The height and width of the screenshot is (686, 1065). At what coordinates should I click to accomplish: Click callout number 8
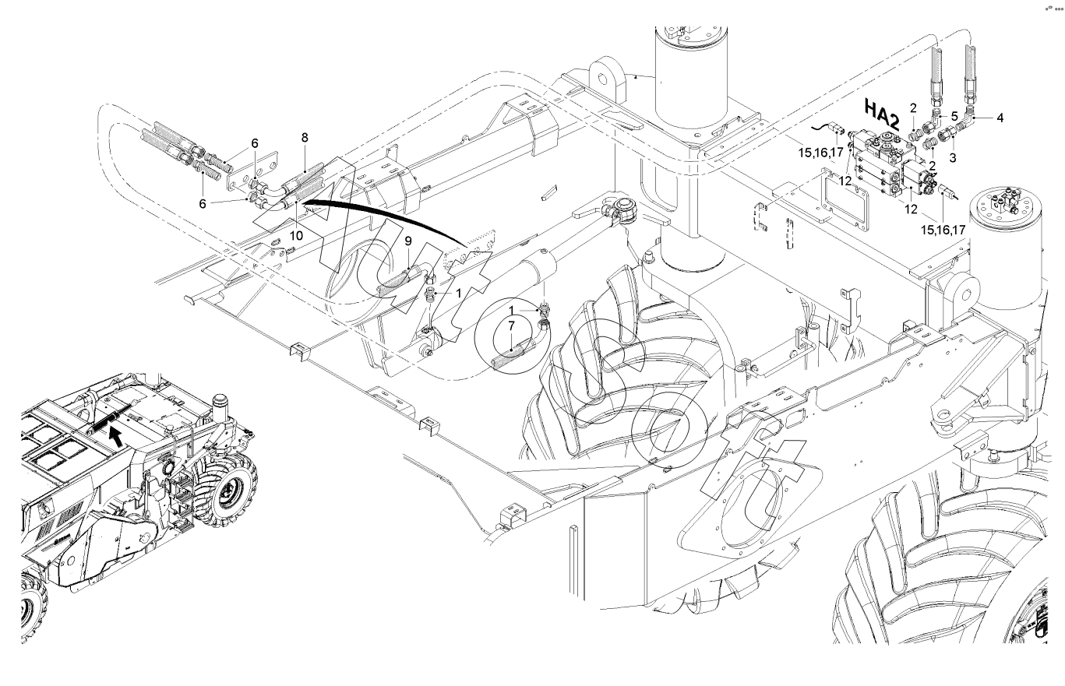click(x=305, y=138)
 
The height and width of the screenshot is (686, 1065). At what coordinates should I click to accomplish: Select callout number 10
click(x=296, y=236)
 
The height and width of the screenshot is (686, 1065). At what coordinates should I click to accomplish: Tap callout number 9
click(x=408, y=241)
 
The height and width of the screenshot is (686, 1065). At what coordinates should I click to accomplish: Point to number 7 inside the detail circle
click(x=511, y=326)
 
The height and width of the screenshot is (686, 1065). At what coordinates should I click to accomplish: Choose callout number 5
click(x=954, y=116)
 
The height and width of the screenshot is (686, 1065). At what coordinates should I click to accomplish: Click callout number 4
click(x=1000, y=118)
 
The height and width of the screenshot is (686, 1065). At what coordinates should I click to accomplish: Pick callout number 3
click(x=952, y=158)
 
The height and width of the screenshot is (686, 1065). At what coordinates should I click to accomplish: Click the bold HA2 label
click(x=882, y=114)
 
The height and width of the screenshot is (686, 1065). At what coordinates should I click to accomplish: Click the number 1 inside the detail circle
click(x=512, y=311)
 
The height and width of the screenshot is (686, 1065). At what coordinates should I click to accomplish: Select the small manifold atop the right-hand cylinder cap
click(x=1003, y=204)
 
